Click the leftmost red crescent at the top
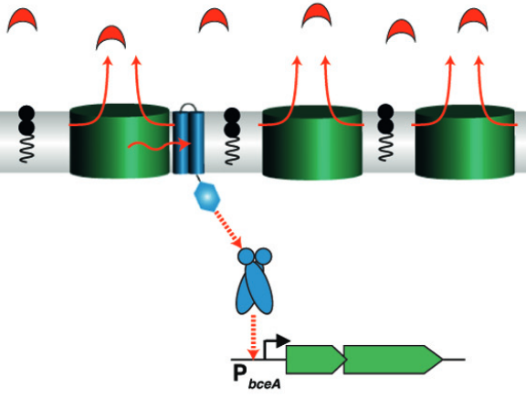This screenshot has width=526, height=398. pos(22,19)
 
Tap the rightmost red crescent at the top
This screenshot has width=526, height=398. pos(473,19)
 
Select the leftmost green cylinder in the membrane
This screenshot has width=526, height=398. pos(119,141)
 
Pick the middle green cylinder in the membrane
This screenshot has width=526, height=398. pos(312,142)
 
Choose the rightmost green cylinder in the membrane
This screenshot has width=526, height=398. pos(465,142)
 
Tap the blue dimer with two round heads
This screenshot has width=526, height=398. pos(255,281)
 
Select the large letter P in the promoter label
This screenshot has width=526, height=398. pos(240,372)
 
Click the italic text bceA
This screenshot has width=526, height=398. pos(264,383)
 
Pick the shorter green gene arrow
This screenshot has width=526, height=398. pos(316,359)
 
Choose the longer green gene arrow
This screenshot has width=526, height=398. pos(394,359)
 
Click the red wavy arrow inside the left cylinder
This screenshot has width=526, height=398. pos(158,145)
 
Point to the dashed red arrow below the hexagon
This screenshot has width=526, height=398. pos(227,229)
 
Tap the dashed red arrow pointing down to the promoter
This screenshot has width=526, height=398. pos(254,337)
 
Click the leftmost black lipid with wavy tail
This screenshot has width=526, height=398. pos(26,134)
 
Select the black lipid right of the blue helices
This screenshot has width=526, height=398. pos(232,136)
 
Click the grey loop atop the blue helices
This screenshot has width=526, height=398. pos(188,108)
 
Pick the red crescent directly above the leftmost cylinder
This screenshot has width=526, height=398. pos(111,37)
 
